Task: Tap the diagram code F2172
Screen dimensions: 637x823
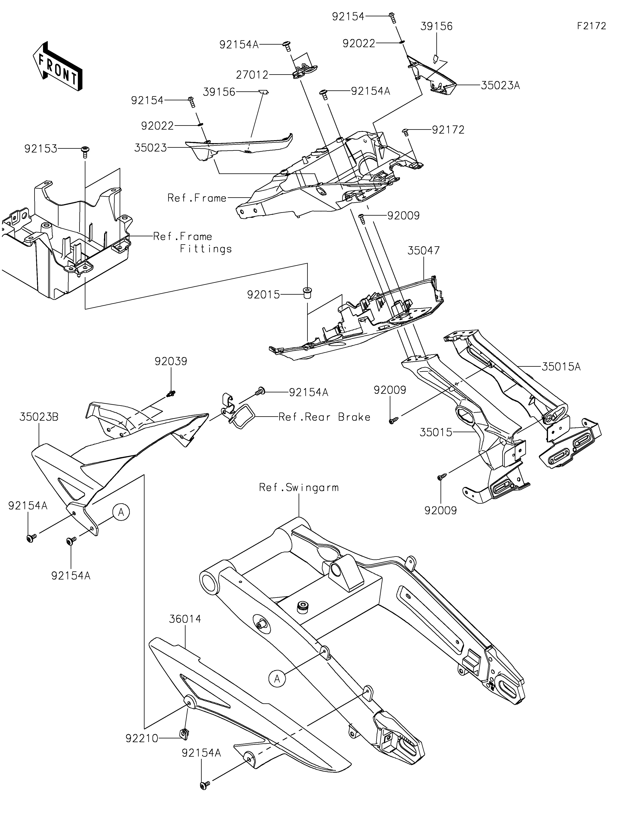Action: (591, 26)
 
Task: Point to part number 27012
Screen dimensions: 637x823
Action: (252, 75)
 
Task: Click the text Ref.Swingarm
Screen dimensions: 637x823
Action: (299, 488)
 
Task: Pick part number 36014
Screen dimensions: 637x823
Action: (185, 619)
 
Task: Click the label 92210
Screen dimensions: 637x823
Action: (142, 739)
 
